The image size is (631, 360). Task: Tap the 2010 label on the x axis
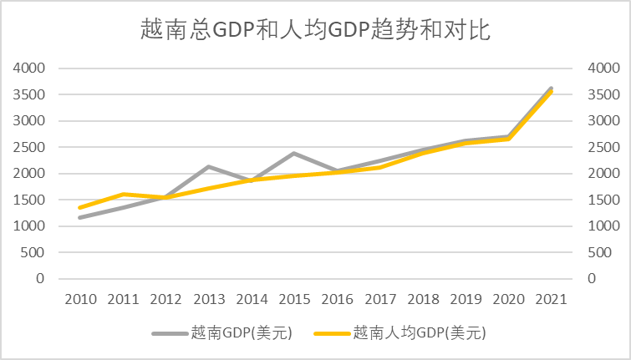click(80, 298)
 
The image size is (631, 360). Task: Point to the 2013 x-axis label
click(209, 298)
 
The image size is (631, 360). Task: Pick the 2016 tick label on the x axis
click(337, 298)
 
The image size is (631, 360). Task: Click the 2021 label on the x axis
click(552, 298)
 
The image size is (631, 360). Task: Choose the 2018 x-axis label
click(423, 298)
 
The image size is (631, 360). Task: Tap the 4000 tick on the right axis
click(603, 68)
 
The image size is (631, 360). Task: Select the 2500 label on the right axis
click(603, 147)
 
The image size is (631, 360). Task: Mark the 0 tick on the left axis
click(41, 278)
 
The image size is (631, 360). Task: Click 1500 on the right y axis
click(603, 200)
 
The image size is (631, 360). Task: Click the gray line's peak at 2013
click(208, 166)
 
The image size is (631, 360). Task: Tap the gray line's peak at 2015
click(294, 154)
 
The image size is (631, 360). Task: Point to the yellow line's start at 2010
click(80, 208)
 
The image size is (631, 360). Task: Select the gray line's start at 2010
click(80, 218)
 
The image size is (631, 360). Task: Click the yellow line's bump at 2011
click(123, 195)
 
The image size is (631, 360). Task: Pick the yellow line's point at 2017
click(380, 167)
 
